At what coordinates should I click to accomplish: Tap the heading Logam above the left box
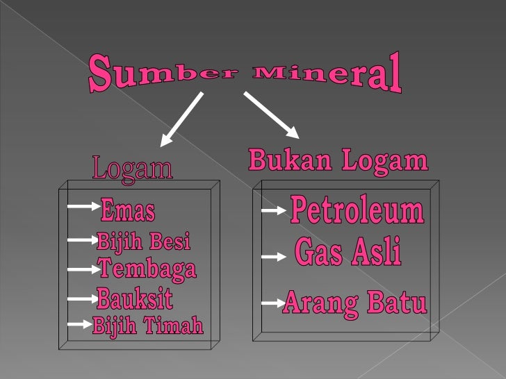click(x=132, y=169)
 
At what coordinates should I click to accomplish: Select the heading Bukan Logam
click(x=338, y=162)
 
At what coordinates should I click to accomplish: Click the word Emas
click(x=128, y=209)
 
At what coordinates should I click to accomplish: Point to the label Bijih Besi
click(x=143, y=242)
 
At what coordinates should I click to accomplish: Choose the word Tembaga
click(x=147, y=269)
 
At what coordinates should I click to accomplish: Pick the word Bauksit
click(x=135, y=300)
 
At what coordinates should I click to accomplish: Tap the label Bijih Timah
click(x=148, y=326)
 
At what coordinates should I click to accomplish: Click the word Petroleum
click(x=357, y=210)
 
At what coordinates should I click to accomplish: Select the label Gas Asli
click(x=348, y=253)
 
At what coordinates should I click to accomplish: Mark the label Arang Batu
click(x=354, y=303)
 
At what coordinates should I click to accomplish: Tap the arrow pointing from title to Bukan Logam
click(x=271, y=113)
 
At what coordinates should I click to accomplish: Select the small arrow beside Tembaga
click(x=82, y=269)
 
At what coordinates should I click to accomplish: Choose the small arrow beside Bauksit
click(x=82, y=299)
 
